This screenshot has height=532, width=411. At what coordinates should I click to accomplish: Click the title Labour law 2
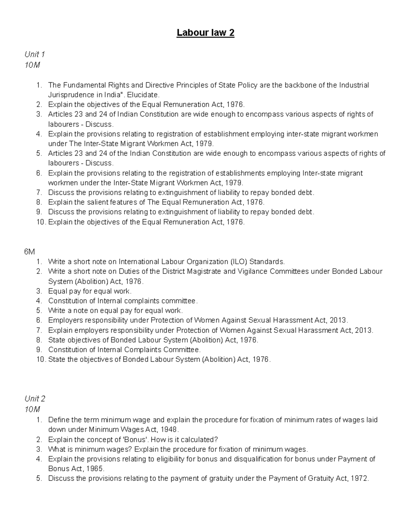click(x=206, y=33)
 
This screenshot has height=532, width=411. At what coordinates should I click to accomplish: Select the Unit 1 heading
click(x=35, y=54)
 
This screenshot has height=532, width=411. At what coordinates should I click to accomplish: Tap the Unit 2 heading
click(x=35, y=399)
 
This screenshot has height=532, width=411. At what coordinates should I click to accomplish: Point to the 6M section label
click(x=30, y=252)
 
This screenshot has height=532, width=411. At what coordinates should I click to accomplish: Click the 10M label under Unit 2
click(x=32, y=409)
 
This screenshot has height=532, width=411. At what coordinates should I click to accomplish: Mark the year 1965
click(x=95, y=469)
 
